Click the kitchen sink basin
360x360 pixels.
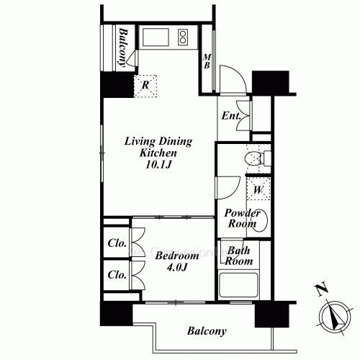tap(156, 37)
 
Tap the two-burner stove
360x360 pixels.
tap(183, 37)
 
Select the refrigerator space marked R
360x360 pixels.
tap(145, 86)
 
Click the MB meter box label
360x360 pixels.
tap(207, 61)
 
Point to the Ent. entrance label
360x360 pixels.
tap(231, 116)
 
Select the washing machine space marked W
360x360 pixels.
tap(258, 189)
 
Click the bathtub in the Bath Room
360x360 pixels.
tap(239, 285)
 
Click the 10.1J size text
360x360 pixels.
tap(158, 165)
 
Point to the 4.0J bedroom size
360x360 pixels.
tap(177, 267)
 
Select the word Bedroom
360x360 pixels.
tap(177, 256)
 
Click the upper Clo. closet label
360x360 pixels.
tap(117, 243)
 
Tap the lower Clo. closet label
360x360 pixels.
tap(117, 274)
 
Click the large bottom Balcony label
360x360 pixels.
tap(207, 331)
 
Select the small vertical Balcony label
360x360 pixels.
tap(122, 48)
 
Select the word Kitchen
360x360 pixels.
tap(158, 153)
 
